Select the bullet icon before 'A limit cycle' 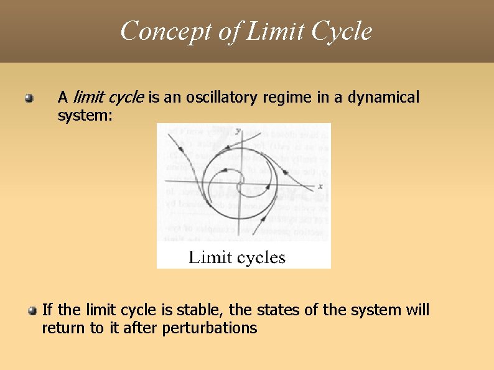tap(29, 98)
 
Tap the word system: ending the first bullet tap(85, 116)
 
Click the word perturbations tap(209, 328)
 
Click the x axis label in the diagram tap(320, 186)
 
